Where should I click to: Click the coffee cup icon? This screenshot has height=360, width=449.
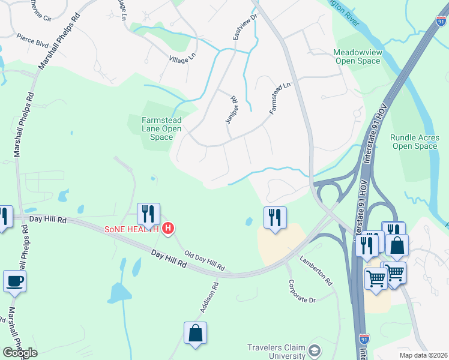coord(14,280)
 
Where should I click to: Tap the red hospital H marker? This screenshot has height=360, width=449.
coord(169,229)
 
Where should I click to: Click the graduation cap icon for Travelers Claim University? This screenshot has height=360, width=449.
coord(314,350)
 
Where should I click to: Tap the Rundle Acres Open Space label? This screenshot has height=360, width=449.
coord(414,142)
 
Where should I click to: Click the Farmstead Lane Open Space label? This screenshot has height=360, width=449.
coord(161,128)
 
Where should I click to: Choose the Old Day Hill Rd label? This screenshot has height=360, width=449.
coord(204,260)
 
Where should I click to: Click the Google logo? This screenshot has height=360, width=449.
coord(20,352)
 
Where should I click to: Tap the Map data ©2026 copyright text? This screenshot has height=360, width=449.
coord(423,355)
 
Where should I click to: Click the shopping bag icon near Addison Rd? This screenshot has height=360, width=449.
coord(195,334)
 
